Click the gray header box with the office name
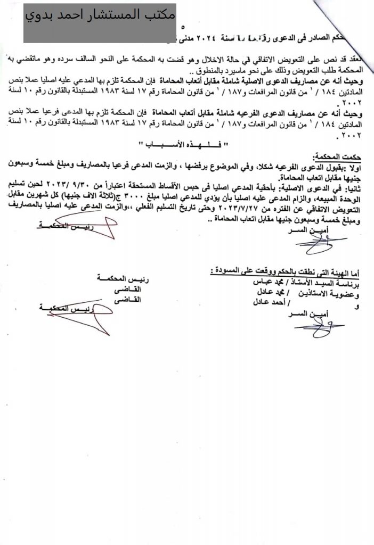coord(100,22)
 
